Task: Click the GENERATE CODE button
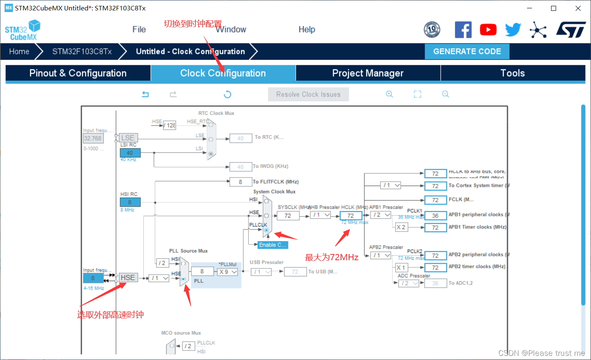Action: pyautogui.click(x=467, y=52)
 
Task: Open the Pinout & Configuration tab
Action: pyautogui.click(x=78, y=73)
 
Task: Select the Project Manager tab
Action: pyautogui.click(x=368, y=73)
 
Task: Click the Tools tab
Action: pyautogui.click(x=512, y=73)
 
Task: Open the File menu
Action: pyautogui.click(x=139, y=30)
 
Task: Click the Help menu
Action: pyautogui.click(x=307, y=30)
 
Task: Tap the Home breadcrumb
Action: pyautogui.click(x=19, y=52)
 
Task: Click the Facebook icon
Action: pyautogui.click(x=463, y=30)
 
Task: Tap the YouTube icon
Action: pyautogui.click(x=488, y=30)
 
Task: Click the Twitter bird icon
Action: pyautogui.click(x=513, y=30)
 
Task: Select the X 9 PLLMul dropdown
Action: pyautogui.click(x=227, y=271)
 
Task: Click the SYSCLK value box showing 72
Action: pyautogui.click(x=288, y=216)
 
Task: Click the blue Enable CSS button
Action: pyautogui.click(x=272, y=245)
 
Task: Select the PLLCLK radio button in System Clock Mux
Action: pyautogui.click(x=266, y=230)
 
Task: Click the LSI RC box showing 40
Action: pyautogui.click(x=130, y=153)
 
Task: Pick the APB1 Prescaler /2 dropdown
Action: pyautogui.click(x=381, y=215)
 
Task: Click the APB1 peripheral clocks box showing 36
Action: pyautogui.click(x=435, y=216)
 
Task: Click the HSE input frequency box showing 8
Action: pyautogui.click(x=93, y=278)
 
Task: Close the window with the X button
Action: pyautogui.click(x=578, y=8)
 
